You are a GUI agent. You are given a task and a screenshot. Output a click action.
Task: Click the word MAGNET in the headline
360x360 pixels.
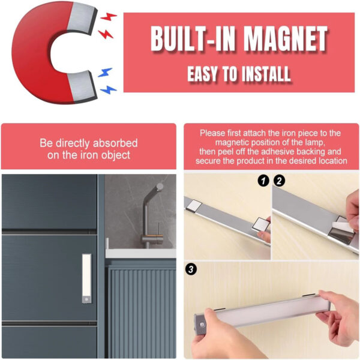pos(286,38)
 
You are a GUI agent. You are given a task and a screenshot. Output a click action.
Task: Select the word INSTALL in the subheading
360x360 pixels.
pos(266,74)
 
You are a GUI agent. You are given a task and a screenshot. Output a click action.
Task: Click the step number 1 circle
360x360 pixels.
pos(263,181)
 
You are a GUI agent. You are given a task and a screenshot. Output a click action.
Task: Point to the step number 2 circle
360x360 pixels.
pos(279,181)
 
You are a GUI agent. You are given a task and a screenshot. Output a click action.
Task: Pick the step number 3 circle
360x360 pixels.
pos(191,269)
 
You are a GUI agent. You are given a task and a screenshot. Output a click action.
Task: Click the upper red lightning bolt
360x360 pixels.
pos(109,17)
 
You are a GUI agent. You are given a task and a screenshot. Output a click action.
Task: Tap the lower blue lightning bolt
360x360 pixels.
pos(109,90)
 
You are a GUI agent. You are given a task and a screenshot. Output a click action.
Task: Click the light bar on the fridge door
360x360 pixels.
pos(86,278)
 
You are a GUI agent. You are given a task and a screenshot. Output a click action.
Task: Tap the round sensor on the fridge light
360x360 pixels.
pos(86,299)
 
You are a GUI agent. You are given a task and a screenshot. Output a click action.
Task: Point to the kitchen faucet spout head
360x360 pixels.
pos(158,187)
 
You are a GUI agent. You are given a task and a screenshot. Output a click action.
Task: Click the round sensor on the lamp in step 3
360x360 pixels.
pos(202,325)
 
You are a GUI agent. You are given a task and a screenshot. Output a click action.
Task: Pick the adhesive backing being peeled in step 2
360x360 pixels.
pos(343,226)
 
